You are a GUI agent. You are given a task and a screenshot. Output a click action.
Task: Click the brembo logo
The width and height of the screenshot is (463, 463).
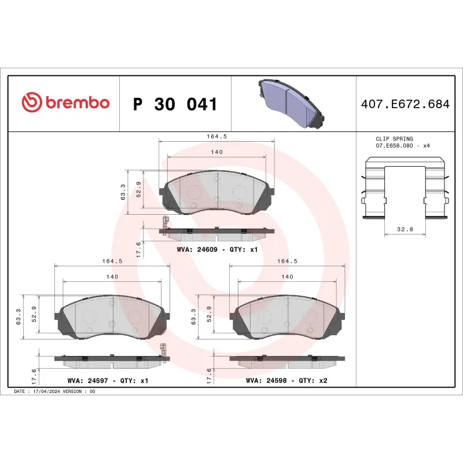[65, 102]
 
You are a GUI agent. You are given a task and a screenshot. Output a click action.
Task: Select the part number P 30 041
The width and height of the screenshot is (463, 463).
[175, 105]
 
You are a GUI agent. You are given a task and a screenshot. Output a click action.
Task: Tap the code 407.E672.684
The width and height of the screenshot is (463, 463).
[405, 105]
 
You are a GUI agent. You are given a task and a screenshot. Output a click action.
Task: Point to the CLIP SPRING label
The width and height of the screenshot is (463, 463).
[394, 139]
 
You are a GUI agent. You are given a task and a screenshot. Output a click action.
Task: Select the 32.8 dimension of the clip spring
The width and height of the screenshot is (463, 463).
[405, 230]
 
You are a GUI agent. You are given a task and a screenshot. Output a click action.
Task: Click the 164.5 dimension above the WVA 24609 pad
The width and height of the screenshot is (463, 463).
[215, 137]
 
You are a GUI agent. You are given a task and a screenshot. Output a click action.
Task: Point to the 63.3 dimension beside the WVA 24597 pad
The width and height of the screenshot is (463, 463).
[19, 317]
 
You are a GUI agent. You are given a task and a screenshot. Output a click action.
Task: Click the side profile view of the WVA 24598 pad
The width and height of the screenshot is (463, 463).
[286, 361]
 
